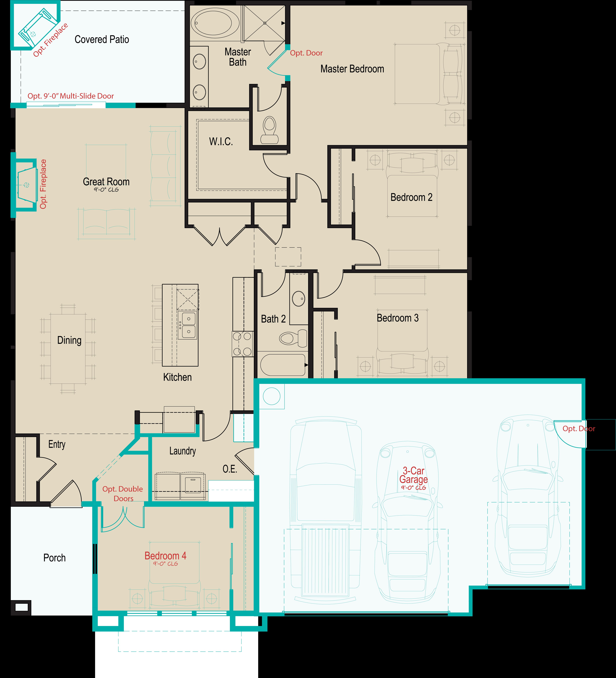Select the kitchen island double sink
(x=187, y=325)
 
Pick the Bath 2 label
(x=273, y=319)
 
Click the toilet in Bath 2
(x=293, y=338)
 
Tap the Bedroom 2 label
(x=411, y=197)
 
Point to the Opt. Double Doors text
(x=123, y=494)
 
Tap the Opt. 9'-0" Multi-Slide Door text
(x=71, y=96)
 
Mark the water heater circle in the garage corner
(x=271, y=396)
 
